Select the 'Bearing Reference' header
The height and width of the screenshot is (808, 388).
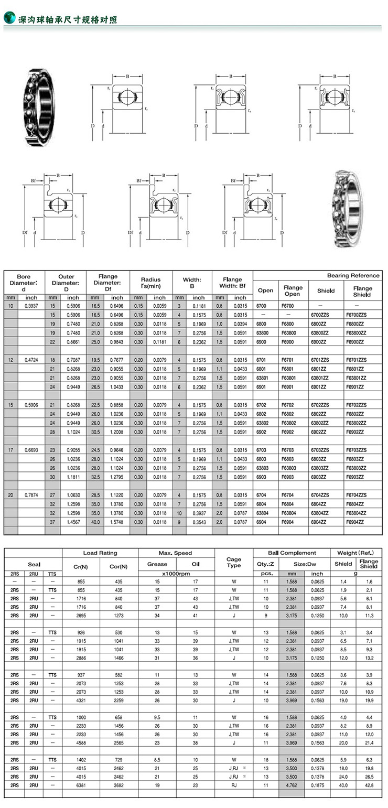point(353,275)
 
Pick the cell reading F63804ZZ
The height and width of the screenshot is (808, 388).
point(362,513)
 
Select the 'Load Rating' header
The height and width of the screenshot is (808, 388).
point(100,553)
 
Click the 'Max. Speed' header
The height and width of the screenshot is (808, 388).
point(176,553)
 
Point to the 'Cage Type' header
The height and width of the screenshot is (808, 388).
point(234,563)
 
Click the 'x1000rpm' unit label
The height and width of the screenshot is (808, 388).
point(176,574)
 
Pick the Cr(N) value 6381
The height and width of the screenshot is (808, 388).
point(81,785)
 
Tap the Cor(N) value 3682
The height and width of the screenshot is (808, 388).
point(118,785)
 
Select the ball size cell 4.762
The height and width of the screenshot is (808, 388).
point(292,785)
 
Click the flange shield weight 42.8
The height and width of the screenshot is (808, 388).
point(369,785)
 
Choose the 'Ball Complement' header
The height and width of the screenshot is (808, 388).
point(292,553)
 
